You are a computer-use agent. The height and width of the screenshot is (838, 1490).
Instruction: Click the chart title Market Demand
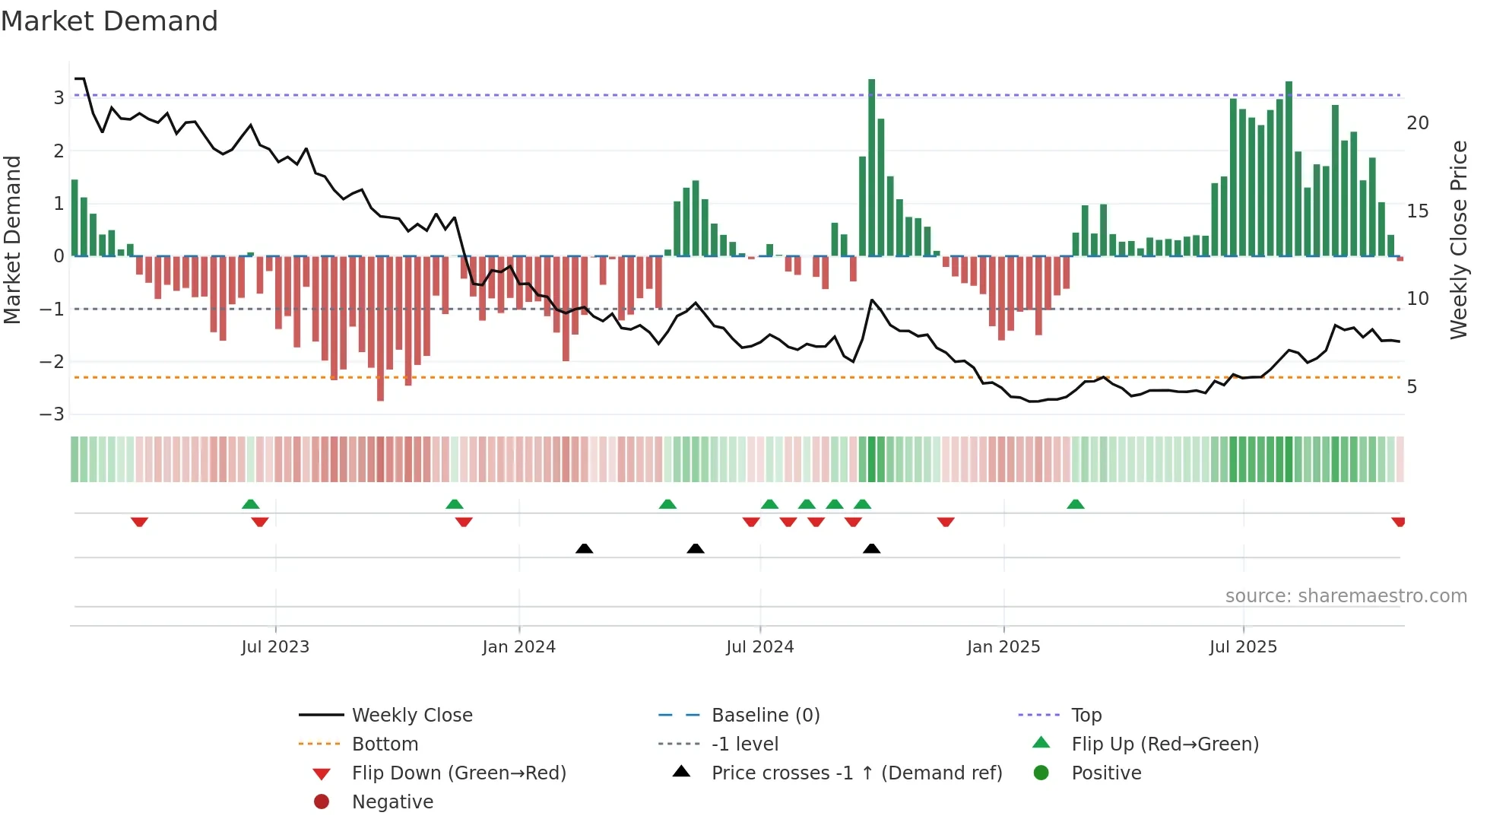(109, 21)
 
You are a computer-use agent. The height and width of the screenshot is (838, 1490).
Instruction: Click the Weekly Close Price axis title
(1458, 240)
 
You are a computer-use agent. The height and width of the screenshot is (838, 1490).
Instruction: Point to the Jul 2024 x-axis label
(759, 647)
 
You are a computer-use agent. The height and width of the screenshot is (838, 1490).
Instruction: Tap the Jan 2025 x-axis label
(1003, 647)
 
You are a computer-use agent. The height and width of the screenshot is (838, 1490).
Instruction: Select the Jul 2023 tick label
(275, 647)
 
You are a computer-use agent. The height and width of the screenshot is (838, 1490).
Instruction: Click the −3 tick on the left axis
(52, 414)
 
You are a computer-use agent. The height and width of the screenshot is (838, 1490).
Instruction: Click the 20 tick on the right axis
(1417, 123)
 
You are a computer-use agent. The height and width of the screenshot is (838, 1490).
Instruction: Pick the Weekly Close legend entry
(411, 716)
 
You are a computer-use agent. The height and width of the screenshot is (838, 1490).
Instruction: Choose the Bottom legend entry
(385, 744)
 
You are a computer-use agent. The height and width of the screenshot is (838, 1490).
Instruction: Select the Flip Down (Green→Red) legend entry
(458, 773)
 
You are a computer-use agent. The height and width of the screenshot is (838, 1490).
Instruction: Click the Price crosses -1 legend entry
(856, 773)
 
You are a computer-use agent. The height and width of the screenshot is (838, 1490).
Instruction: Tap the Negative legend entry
(392, 802)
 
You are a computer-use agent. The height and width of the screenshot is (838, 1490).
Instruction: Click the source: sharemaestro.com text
(1346, 596)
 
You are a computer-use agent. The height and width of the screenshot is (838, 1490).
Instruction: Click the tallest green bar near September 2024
(872, 167)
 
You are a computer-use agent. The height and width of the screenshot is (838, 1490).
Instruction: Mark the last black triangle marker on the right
(872, 548)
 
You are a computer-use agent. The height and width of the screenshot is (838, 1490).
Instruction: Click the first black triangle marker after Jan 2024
(584, 548)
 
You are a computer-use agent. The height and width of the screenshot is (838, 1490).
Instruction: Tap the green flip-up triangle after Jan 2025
(1075, 504)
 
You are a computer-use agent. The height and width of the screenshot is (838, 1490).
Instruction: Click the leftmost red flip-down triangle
(139, 522)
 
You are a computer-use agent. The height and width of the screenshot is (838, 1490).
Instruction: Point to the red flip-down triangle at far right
(1398, 522)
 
